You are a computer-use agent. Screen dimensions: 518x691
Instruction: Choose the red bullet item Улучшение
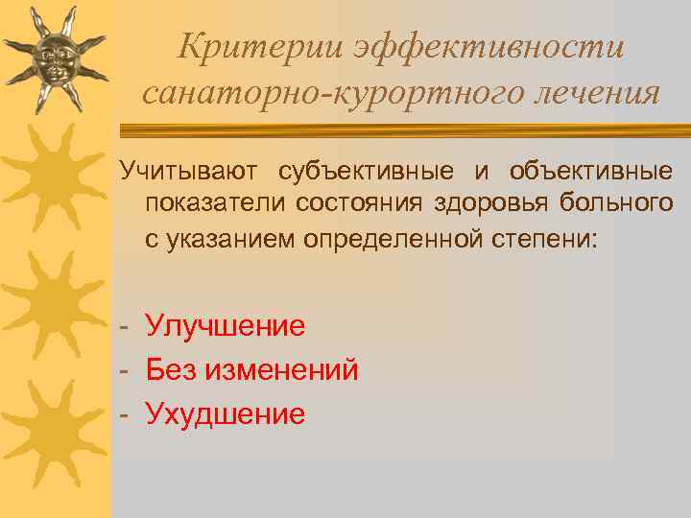pos(226,326)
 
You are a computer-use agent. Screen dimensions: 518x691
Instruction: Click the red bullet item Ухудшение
pos(226,413)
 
